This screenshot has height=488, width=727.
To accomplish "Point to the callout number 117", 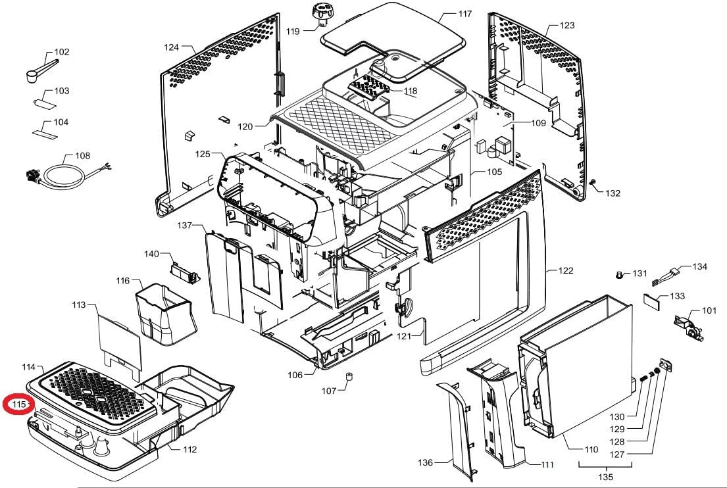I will pyautogui.click(x=465, y=14).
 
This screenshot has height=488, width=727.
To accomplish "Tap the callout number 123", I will pyautogui.click(x=567, y=26).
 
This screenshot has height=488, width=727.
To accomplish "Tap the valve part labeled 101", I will pyautogui.click(x=686, y=324).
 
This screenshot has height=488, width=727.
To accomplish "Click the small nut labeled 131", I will pyautogui.click(x=619, y=274).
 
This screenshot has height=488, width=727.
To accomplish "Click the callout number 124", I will pyautogui.click(x=172, y=47).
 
